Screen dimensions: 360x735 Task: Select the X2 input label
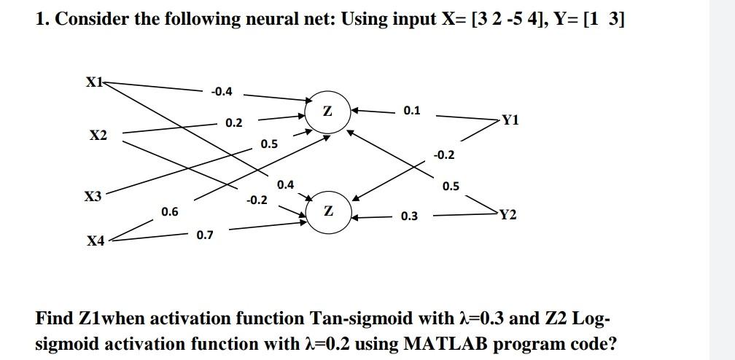[x=97, y=136]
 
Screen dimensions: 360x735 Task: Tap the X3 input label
[x=93, y=197]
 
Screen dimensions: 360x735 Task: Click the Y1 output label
[x=510, y=120]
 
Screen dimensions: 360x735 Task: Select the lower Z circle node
[x=329, y=212]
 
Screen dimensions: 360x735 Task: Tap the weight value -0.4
[x=221, y=91]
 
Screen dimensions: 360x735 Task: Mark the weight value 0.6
[x=169, y=211]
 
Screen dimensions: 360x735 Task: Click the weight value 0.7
[x=205, y=235]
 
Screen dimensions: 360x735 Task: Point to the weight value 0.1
[x=411, y=111]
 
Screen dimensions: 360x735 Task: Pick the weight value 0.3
[x=409, y=216]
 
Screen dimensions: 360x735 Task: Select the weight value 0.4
[x=286, y=184]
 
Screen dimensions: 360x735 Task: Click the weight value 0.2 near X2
[x=233, y=122]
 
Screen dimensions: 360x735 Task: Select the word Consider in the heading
[x=89, y=19]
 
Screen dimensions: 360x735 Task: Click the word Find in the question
[x=55, y=319]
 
